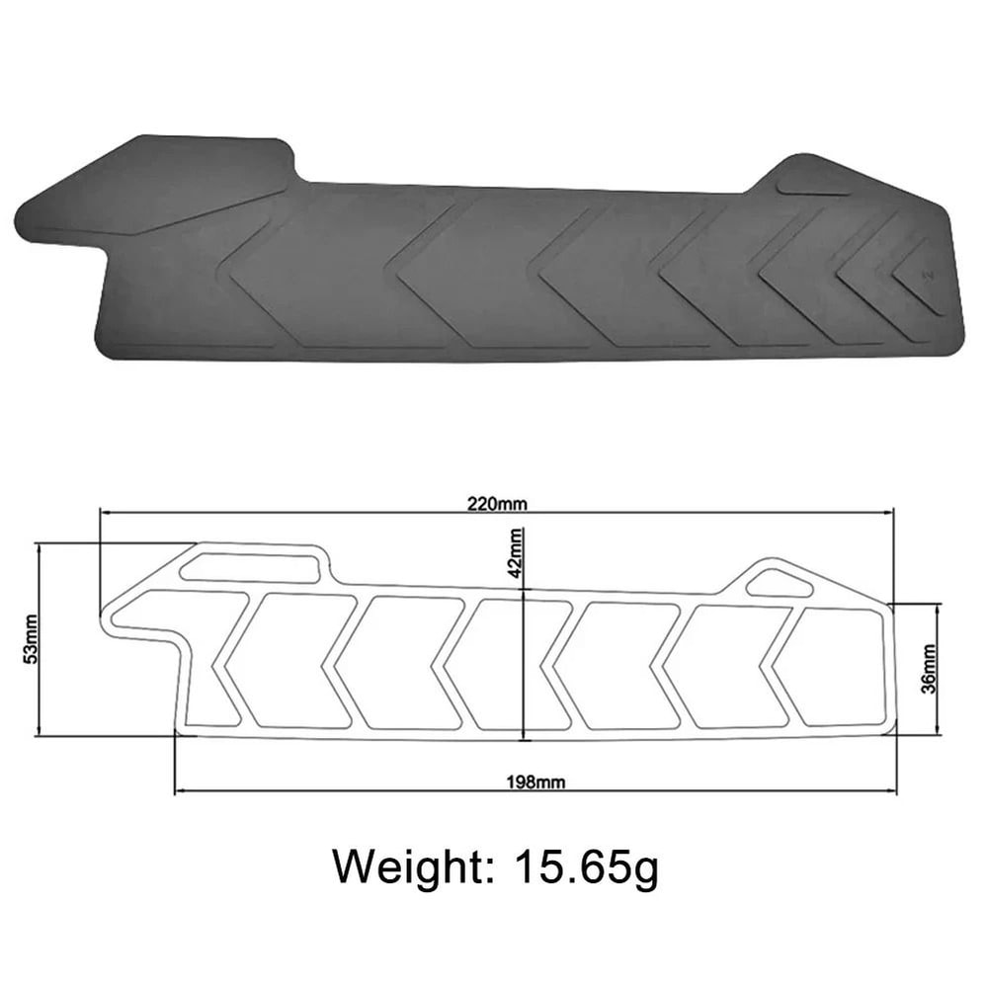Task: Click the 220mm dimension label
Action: pyautogui.click(x=498, y=502)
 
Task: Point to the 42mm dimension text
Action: pyautogui.click(x=516, y=552)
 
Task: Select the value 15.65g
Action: pyautogui.click(x=586, y=866)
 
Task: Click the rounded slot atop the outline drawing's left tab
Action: pyautogui.click(x=250, y=568)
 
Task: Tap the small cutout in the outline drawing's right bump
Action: pyautogui.click(x=779, y=583)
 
